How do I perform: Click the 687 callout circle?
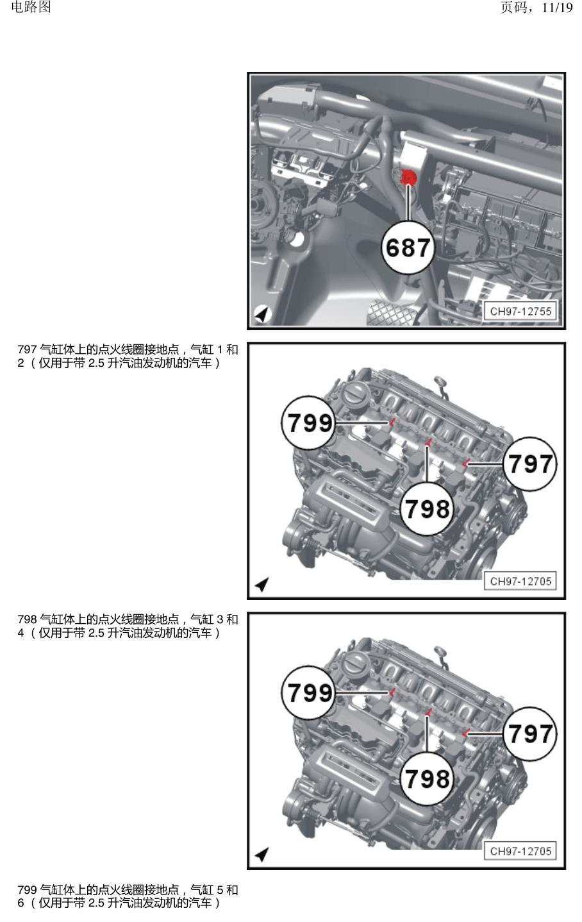(x=408, y=247)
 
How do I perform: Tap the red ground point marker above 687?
(x=409, y=178)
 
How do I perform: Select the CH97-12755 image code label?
(x=520, y=311)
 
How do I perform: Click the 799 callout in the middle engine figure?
(x=308, y=423)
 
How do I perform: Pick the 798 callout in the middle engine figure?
(x=428, y=508)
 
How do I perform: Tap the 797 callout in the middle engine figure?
(x=529, y=464)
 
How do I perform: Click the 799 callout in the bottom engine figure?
(x=308, y=692)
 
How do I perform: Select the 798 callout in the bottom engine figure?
(x=428, y=778)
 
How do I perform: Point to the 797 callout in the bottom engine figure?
(x=529, y=733)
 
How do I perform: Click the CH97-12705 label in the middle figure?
(x=520, y=581)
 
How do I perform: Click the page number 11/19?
(x=557, y=8)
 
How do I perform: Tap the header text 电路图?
(x=31, y=7)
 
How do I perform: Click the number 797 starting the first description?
(x=27, y=349)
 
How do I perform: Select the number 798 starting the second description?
(x=27, y=619)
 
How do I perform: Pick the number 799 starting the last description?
(x=27, y=889)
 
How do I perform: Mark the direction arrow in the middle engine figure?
(x=262, y=584)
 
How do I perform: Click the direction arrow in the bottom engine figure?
(x=262, y=853)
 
